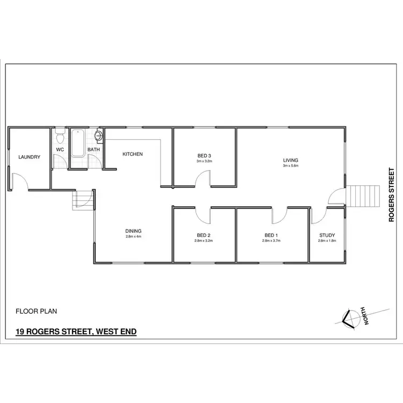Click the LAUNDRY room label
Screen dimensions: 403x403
pyautogui.click(x=29, y=157)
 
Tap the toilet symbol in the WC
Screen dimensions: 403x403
pyautogui.click(x=60, y=133)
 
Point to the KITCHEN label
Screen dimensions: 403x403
pyautogui.click(x=133, y=154)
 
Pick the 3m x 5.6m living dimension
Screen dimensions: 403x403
pyautogui.click(x=290, y=166)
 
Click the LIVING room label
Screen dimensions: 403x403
pyautogui.click(x=290, y=160)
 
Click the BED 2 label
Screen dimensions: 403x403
pyautogui.click(x=204, y=235)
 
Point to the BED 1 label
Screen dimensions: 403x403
pyautogui.click(x=271, y=235)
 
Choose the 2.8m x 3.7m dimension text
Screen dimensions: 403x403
pyautogui.click(x=271, y=241)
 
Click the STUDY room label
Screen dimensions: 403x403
pyautogui.click(x=327, y=235)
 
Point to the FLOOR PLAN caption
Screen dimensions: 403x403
pyautogui.click(x=37, y=311)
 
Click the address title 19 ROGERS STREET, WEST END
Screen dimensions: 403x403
pyautogui.click(x=76, y=332)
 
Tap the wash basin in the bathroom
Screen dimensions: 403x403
pyautogui.click(x=99, y=135)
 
